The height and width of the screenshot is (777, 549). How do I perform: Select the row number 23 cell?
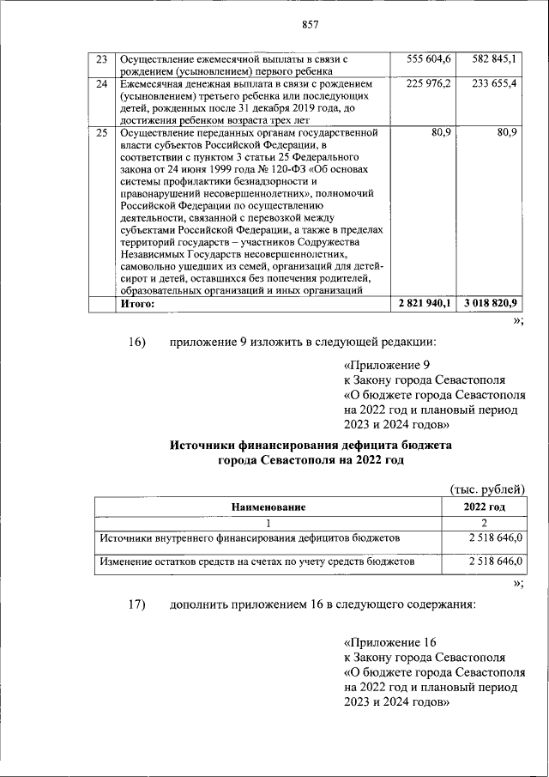[x=101, y=59]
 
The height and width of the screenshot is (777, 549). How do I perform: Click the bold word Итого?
[x=137, y=304]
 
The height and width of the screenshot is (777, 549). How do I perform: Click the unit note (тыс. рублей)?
[x=487, y=489]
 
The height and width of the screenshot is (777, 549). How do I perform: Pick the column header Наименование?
[x=268, y=507]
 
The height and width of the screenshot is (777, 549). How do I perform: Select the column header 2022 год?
[x=484, y=507]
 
